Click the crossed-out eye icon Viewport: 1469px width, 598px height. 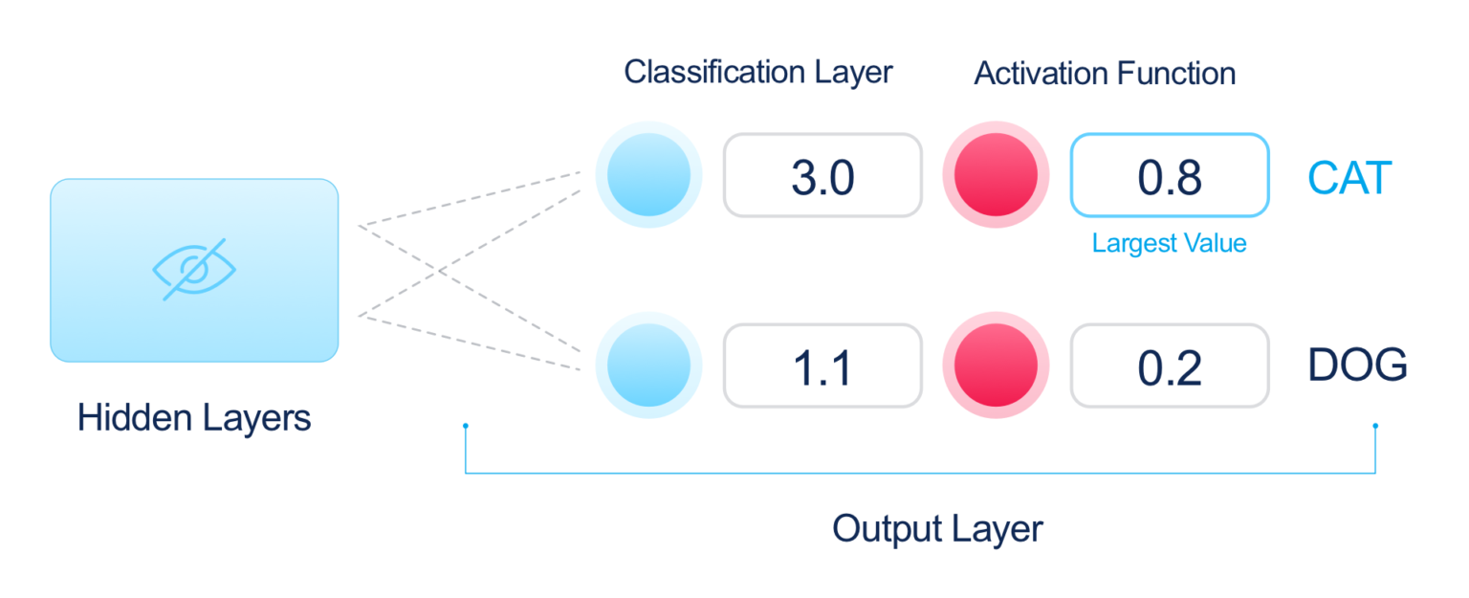(x=194, y=269)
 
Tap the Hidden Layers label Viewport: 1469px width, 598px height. (x=194, y=418)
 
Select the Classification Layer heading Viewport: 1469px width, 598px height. (x=757, y=73)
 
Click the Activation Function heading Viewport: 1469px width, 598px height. (x=1105, y=73)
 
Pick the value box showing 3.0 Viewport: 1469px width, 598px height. (x=822, y=175)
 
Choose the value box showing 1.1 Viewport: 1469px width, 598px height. (x=822, y=365)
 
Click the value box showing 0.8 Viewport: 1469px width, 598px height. (x=1170, y=175)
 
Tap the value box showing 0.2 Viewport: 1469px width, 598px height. (x=1170, y=365)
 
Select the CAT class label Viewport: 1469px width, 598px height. (x=1350, y=178)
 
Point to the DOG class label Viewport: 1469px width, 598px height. (x=1357, y=365)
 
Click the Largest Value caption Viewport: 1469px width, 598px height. (x=1170, y=244)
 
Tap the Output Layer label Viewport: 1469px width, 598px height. (x=937, y=528)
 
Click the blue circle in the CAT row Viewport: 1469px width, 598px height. (x=648, y=175)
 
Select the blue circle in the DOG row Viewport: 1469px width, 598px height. (x=648, y=365)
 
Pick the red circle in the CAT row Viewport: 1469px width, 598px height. (x=996, y=175)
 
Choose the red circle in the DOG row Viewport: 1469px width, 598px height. (x=996, y=365)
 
